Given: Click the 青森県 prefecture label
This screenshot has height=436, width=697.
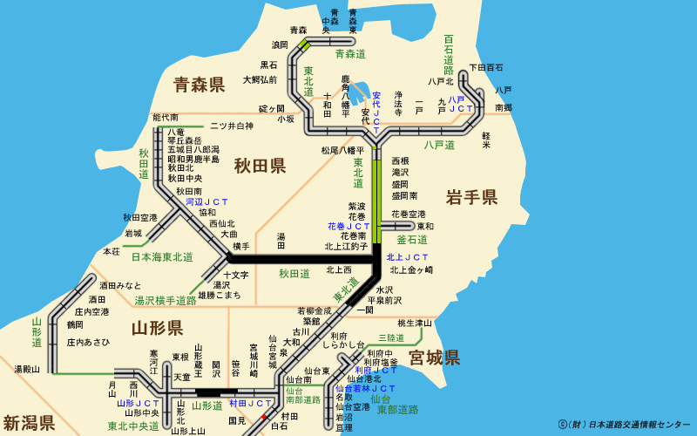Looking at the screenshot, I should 199,85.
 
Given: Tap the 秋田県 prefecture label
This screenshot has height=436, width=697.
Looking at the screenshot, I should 260,166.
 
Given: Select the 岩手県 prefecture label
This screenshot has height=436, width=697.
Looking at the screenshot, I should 471,197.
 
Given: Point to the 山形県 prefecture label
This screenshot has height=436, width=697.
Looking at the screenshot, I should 157,328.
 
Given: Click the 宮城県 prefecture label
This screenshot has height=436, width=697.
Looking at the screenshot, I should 434,358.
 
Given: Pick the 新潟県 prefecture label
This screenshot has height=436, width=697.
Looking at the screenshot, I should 29,424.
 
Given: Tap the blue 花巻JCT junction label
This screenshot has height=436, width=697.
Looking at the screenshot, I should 347,226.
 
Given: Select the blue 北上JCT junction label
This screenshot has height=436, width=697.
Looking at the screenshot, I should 408,257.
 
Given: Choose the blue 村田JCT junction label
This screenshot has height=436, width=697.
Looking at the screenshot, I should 250,404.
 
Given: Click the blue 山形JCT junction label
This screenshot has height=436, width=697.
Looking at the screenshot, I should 139,404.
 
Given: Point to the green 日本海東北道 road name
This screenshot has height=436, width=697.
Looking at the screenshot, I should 162,257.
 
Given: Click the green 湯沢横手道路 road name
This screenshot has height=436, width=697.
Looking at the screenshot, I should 166,301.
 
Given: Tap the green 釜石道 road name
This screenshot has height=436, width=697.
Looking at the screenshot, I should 412,239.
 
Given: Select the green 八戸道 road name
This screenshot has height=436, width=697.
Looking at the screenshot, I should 439,145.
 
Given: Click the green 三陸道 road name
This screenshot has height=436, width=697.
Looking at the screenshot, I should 392,337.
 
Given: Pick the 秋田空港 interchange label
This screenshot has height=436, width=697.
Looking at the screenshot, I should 140,218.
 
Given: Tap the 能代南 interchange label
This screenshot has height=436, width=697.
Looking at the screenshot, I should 165,117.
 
